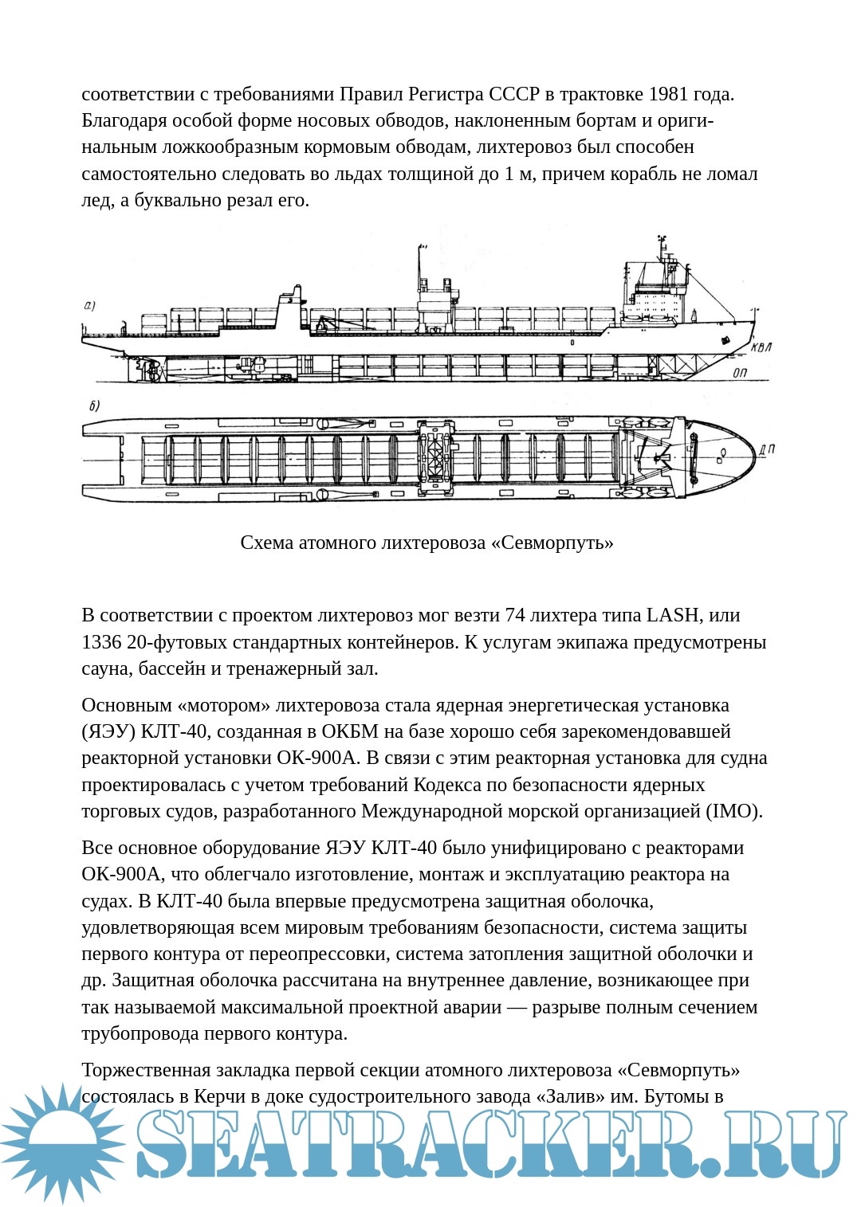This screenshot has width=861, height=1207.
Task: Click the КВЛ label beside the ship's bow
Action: pyautogui.click(x=761, y=347)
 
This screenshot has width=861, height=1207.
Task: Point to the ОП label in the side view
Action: pyautogui.click(x=740, y=373)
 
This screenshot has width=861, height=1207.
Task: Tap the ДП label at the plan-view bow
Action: pyautogui.click(x=766, y=450)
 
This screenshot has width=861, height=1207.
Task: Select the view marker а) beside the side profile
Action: pyautogui.click(x=89, y=306)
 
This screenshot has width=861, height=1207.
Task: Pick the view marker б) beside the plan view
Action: pyautogui.click(x=94, y=406)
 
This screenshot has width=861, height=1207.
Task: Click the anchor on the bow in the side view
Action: pyautogui.click(x=725, y=340)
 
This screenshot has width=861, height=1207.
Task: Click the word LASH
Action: pyautogui.click(x=671, y=615)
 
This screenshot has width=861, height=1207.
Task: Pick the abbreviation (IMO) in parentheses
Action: pyautogui.click(x=733, y=811)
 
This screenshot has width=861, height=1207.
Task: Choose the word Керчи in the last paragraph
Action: pyautogui.click(x=218, y=1096)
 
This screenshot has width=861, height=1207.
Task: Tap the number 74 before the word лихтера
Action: pyautogui.click(x=515, y=615)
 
